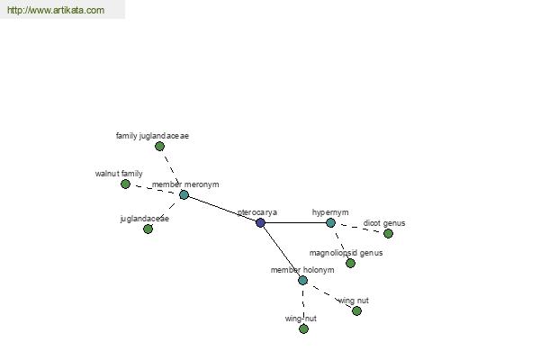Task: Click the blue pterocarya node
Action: point(261,223)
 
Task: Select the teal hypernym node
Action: point(330,223)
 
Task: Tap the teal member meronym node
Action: point(184,195)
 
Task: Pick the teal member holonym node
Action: point(302,281)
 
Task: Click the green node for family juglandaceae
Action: point(159,147)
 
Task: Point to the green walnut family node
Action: point(125,184)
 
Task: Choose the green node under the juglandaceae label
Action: point(148,229)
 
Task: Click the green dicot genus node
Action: point(388,234)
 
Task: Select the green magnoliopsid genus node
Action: point(351,263)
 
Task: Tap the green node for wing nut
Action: point(356,311)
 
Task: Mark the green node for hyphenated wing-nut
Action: point(303,329)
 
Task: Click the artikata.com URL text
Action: point(56,10)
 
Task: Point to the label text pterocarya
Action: point(257,212)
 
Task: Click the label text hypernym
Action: point(330,212)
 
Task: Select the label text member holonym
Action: point(302,270)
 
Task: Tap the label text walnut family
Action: point(119,174)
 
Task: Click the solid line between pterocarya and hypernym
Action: point(295,223)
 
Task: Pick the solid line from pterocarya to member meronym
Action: point(222,209)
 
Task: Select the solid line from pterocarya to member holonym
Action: point(282,251)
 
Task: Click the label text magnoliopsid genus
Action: point(346,253)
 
